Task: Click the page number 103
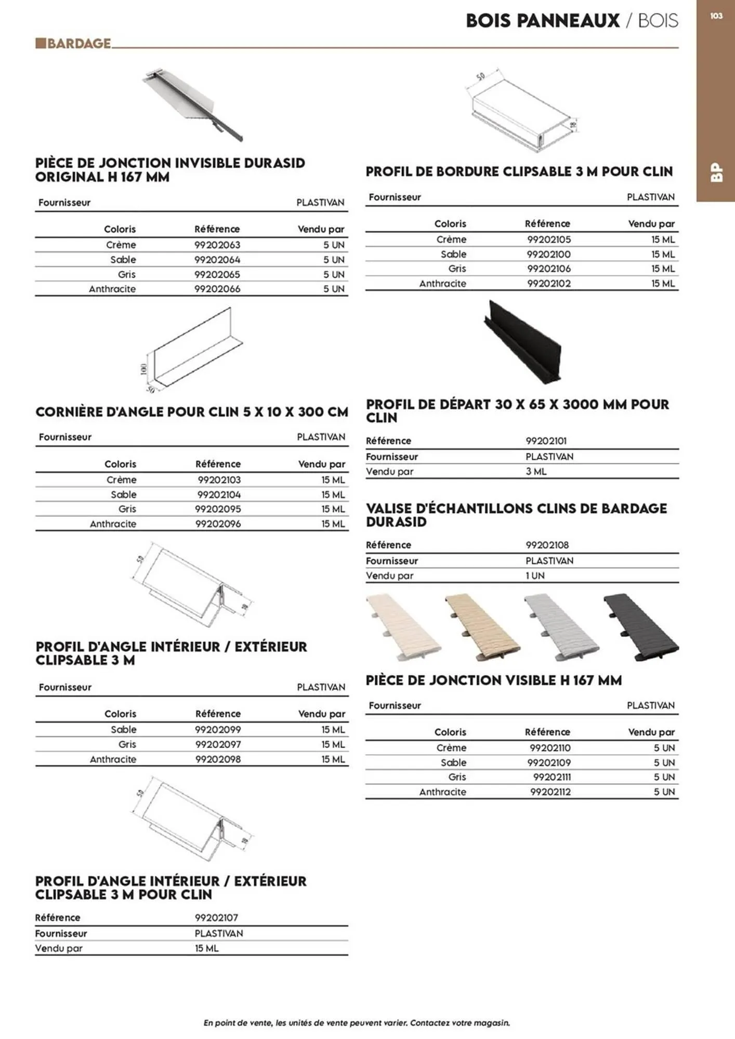[716, 16]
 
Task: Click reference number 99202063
[217, 245]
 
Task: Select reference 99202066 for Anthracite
[217, 289]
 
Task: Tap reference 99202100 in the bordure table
[548, 254]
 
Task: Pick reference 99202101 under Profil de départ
[546, 441]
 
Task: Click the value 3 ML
[536, 472]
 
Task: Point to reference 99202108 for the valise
[547, 545]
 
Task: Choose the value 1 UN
[535, 576]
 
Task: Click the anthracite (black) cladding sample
[641, 627]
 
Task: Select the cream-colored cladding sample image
[403, 627]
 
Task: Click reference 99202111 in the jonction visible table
[552, 777]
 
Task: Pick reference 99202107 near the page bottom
[216, 917]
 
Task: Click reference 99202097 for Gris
[218, 744]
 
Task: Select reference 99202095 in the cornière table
[218, 509]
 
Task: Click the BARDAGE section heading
[78, 43]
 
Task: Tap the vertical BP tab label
[716, 172]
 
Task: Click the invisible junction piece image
[192, 104]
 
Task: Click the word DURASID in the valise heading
[396, 522]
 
